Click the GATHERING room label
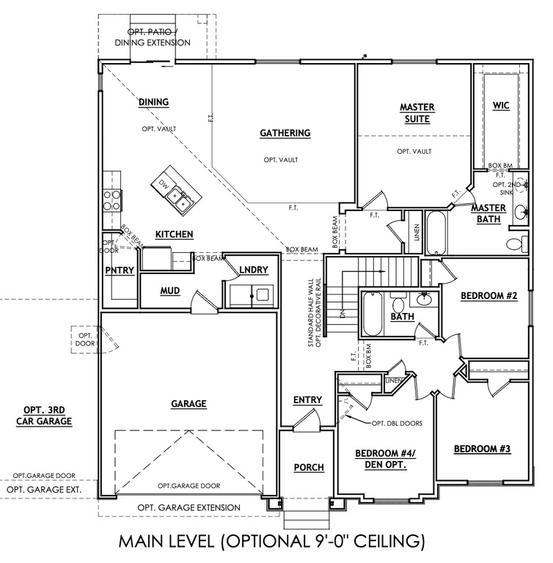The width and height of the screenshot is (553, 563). point(285,133)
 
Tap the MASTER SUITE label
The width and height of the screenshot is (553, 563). point(417,113)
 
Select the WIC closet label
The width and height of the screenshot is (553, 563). point(501,106)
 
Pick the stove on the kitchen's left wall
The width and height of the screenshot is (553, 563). point(112,197)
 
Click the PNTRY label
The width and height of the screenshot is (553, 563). point(119,271)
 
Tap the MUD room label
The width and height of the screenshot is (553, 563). point(170,290)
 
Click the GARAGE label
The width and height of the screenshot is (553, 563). point(188,404)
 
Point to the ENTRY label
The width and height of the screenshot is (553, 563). point(307,400)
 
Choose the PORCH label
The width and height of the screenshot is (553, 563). point(309,468)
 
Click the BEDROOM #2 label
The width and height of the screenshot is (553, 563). point(489,296)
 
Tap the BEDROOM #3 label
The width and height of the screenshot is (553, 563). point(481,449)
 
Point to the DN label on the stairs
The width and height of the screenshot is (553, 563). point(342,313)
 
